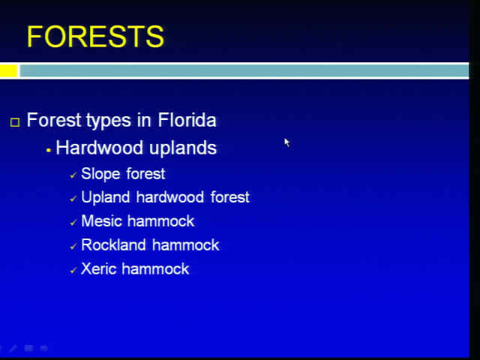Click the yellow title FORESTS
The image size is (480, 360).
point(95,37)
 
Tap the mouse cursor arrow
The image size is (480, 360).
point(286,142)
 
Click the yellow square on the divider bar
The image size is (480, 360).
point(8,70)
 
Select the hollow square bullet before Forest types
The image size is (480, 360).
point(15,122)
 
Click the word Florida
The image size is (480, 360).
point(187,120)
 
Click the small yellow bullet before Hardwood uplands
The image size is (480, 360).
point(48,150)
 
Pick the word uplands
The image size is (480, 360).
point(183,148)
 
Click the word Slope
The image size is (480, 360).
point(100,174)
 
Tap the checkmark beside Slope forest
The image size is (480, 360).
point(73,175)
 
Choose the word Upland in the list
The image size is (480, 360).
point(106,196)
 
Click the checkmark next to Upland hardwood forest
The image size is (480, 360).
point(73,199)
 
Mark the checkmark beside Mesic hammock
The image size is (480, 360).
point(73,223)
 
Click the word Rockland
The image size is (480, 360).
point(113,245)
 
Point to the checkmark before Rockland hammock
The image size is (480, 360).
point(73,247)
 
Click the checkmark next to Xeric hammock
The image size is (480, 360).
point(73,271)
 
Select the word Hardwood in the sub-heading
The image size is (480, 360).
point(99,148)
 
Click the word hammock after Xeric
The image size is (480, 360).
point(155,268)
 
